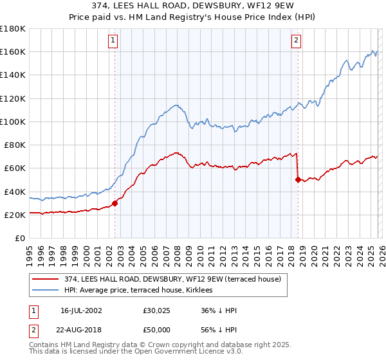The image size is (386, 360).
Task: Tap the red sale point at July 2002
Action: coord(115,203)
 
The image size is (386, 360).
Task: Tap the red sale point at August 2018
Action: coord(298,180)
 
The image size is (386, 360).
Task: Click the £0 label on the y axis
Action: coord(19,238)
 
